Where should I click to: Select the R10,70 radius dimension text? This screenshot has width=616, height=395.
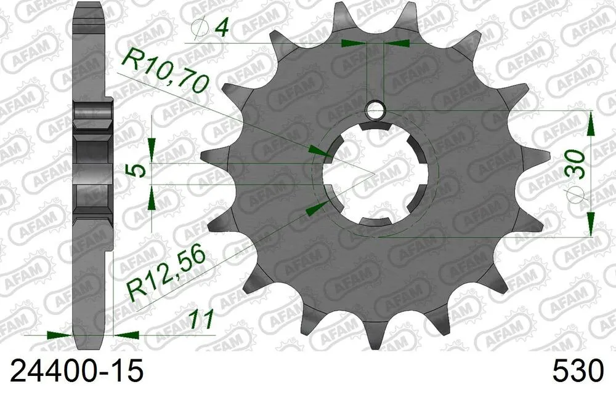point(163,71)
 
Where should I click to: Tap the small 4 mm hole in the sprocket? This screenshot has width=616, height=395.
point(375,110)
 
